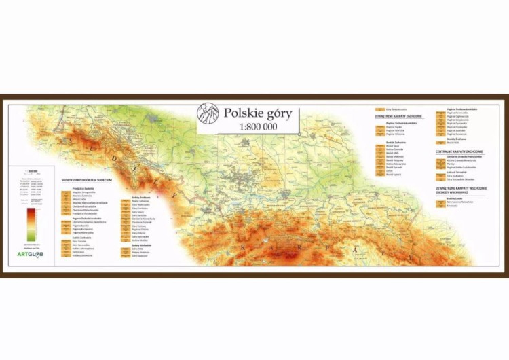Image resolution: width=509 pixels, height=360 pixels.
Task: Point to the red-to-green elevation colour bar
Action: click(x=30, y=224)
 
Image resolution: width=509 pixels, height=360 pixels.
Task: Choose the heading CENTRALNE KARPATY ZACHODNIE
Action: click(x=459, y=151)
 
